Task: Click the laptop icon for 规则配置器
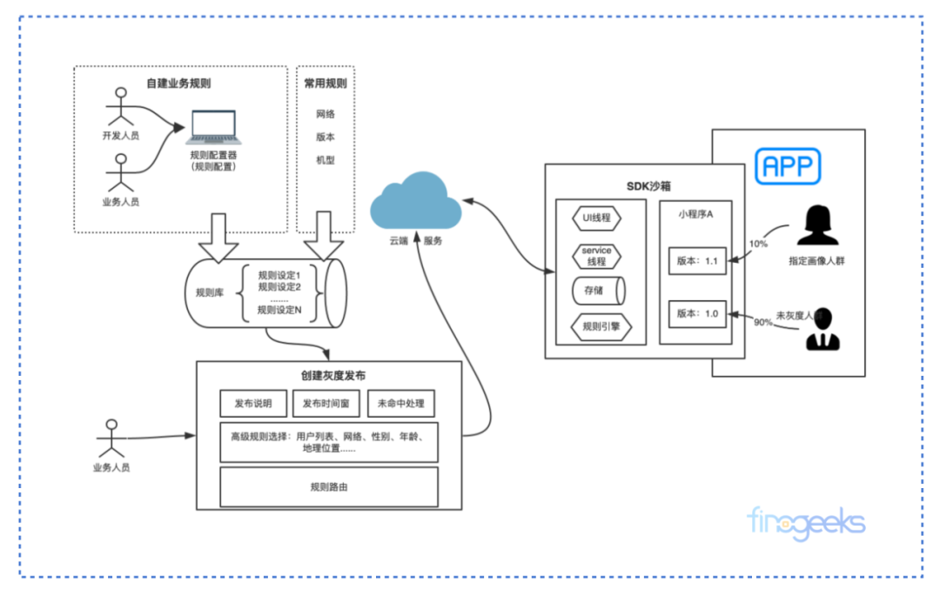tap(215, 127)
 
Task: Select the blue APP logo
tap(788, 165)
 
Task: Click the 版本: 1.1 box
tap(697, 261)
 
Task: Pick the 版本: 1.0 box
tap(697, 314)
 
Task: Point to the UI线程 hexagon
tap(596, 217)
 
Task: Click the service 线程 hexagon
tap(596, 256)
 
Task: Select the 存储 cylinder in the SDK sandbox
tap(596, 291)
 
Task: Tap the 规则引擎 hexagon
tap(596, 328)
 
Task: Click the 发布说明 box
tap(253, 404)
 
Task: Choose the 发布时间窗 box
tap(326, 404)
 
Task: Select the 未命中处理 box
tap(400, 404)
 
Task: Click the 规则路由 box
tap(329, 487)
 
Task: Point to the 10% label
tap(758, 244)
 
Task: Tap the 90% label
tap(762, 323)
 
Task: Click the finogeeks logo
tap(806, 522)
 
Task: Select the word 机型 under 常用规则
tap(326, 160)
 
